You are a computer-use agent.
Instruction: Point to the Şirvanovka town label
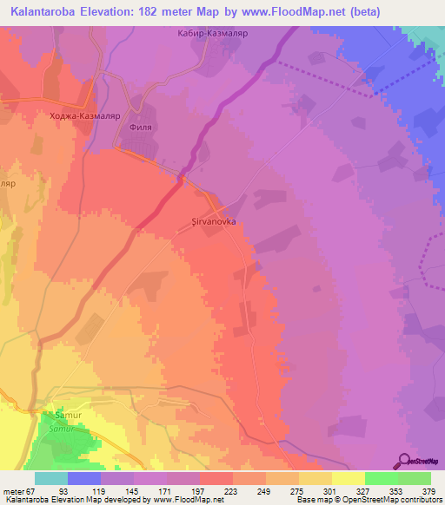[213, 221]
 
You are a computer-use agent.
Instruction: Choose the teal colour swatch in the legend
[50, 478]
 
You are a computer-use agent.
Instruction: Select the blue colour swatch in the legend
[83, 478]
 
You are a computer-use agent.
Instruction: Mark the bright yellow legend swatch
[348, 478]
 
